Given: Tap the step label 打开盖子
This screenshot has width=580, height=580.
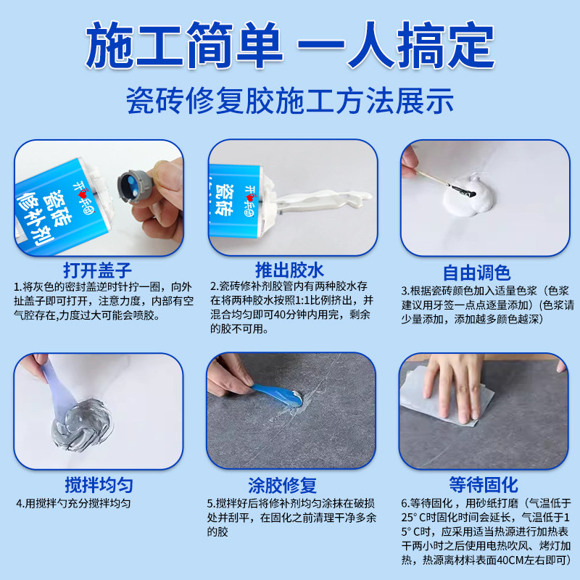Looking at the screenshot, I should (97, 270).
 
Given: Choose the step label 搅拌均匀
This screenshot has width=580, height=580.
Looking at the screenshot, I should (97, 484).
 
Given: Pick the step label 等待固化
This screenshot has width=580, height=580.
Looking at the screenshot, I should (483, 484).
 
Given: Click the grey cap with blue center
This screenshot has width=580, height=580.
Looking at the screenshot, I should (136, 187).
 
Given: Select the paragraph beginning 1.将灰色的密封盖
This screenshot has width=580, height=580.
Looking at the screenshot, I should (97, 301).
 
